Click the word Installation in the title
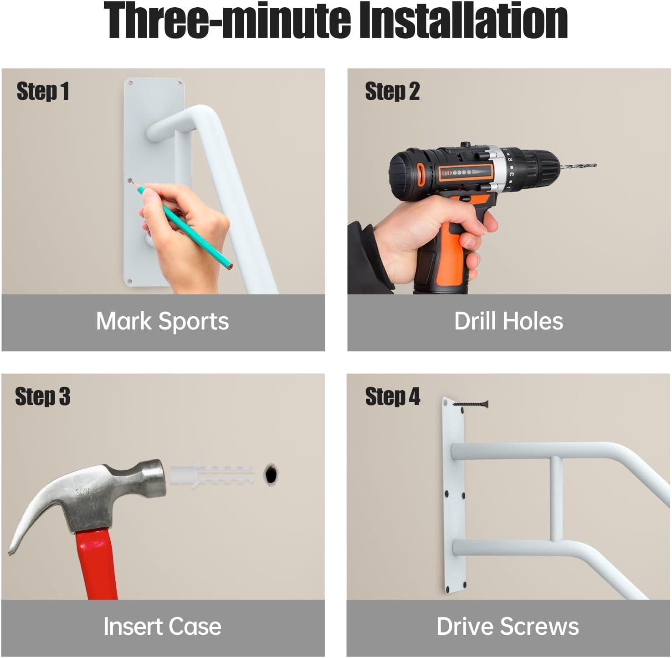[x=464, y=21]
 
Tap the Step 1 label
[x=43, y=91]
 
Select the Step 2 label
[x=392, y=91]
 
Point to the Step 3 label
[x=43, y=396]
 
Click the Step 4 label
[x=392, y=396]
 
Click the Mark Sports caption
[x=163, y=321]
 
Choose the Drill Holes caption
[x=509, y=321]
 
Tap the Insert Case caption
[x=163, y=626]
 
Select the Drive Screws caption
[x=508, y=626]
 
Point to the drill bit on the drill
[x=578, y=166]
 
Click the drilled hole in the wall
[x=271, y=475]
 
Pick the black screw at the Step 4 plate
[x=471, y=404]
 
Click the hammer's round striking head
[x=153, y=476]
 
